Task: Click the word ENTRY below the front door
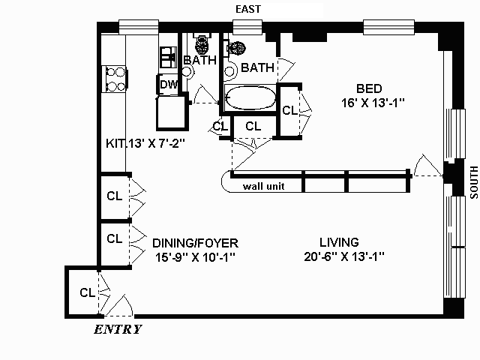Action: point(118,329)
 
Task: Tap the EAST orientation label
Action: point(248,9)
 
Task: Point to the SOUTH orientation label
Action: point(473,182)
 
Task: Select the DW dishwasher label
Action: point(168,84)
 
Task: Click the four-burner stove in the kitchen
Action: point(115,79)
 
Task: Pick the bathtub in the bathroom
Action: point(250,97)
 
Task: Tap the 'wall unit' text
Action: point(263,186)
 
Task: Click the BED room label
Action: point(369,88)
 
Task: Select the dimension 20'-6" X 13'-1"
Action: point(344,256)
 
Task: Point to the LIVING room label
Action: point(339,242)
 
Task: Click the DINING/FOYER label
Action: point(195,243)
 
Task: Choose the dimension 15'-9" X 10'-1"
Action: point(195,257)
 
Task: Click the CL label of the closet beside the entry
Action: point(88,292)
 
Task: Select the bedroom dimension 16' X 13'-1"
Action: point(373,103)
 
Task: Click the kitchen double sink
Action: point(168,57)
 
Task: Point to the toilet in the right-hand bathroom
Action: point(236,48)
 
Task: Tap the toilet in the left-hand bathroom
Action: point(202,45)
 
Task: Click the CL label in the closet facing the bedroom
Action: point(289,110)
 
